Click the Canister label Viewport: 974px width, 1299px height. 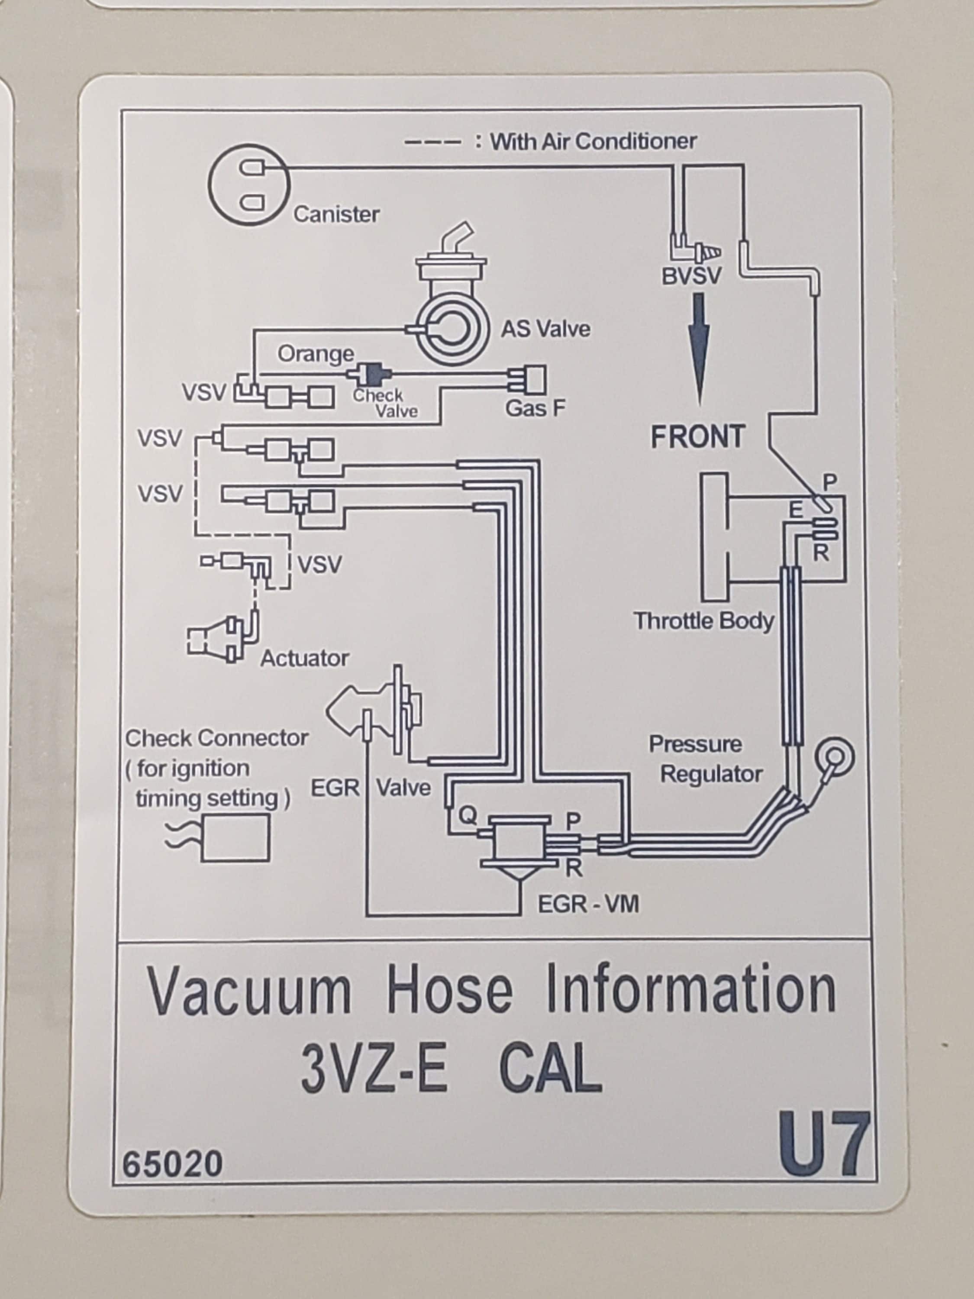click(x=336, y=214)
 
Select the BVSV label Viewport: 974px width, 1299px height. click(x=692, y=276)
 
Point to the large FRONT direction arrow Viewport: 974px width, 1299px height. click(x=699, y=349)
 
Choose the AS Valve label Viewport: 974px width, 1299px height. click(x=545, y=329)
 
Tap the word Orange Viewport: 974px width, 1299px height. click(x=316, y=354)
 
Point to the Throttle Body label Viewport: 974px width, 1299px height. click(x=704, y=621)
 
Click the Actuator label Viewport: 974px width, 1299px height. click(x=305, y=658)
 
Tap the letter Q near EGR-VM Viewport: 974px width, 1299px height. click(x=468, y=816)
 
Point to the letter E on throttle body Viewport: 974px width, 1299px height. click(x=796, y=510)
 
